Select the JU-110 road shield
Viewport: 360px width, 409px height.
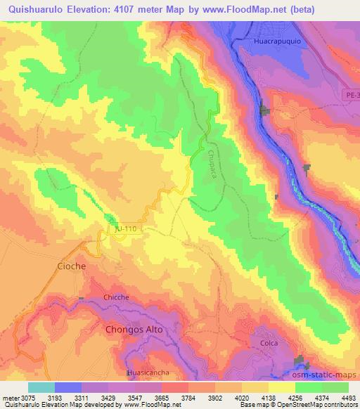click(129, 229)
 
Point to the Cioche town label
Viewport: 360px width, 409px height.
click(71, 266)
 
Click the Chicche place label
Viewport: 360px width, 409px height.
click(116, 297)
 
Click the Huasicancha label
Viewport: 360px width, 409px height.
click(147, 372)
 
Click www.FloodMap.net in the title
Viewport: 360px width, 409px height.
click(238, 10)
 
